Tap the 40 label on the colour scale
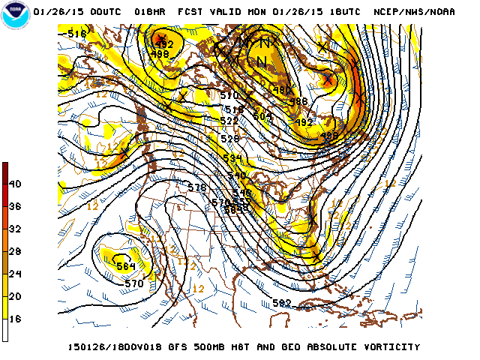[x=14, y=184]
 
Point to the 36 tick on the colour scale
[x=14, y=206]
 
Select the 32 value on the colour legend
[x=14, y=229]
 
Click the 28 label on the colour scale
[x=14, y=251]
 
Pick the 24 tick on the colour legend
[x=14, y=274]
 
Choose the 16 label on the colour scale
[x=14, y=319]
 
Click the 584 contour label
[x=125, y=265]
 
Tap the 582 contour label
[x=282, y=303]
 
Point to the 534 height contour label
[x=234, y=158]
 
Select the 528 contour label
[x=229, y=139]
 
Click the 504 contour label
[x=262, y=115]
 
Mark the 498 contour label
[x=160, y=54]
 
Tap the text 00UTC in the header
[x=105, y=12]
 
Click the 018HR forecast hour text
[x=150, y=12]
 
